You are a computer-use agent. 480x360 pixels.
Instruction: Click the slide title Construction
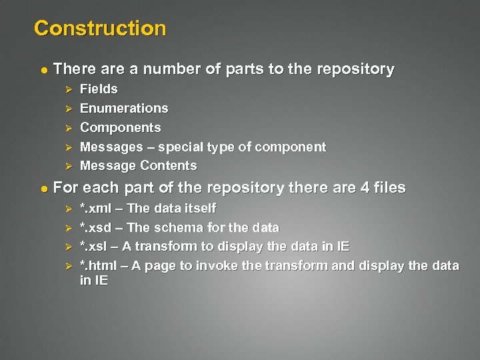pos(99,29)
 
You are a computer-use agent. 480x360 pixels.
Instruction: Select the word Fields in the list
pos(99,89)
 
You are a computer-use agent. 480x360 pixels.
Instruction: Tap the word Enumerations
pos(124,108)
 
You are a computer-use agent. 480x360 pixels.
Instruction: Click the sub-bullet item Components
pos(120,127)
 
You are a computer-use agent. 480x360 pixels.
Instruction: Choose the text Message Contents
pos(138,165)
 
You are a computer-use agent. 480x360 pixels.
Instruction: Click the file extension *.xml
pos(95,209)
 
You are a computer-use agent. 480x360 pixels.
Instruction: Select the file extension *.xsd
pos(95,228)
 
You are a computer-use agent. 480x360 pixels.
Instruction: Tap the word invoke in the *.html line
pos(214,265)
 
